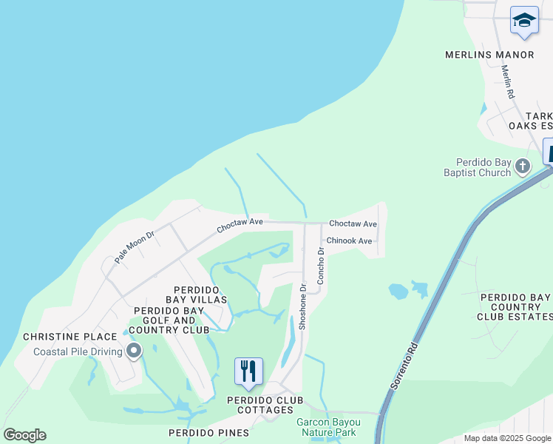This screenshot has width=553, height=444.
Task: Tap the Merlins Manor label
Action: pyautogui.click(x=489, y=55)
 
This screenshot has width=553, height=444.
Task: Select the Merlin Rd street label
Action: pyautogui.click(x=507, y=83)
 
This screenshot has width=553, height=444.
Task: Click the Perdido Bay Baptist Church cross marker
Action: pyautogui.click(x=523, y=166)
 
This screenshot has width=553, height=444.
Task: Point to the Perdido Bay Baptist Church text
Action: pyautogui.click(x=484, y=167)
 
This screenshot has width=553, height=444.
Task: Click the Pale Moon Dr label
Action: pyautogui.click(x=134, y=248)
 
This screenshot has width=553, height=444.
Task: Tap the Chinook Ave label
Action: pyautogui.click(x=349, y=240)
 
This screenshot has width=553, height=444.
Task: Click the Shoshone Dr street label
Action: pyautogui.click(x=302, y=308)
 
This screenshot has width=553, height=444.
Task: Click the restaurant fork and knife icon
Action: pyautogui.click(x=248, y=371)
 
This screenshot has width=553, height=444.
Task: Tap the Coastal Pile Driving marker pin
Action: pyautogui.click(x=134, y=351)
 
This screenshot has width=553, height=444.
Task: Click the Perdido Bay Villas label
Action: pyautogui.click(x=200, y=294)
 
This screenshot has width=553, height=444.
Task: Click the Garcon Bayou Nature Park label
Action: pyautogui.click(x=328, y=427)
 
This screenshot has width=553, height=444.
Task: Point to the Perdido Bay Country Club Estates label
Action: pyautogui.click(x=515, y=307)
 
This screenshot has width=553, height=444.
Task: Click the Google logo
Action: pyautogui.click(x=24, y=435)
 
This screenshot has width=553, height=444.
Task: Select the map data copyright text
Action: pyautogui.click(x=507, y=438)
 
